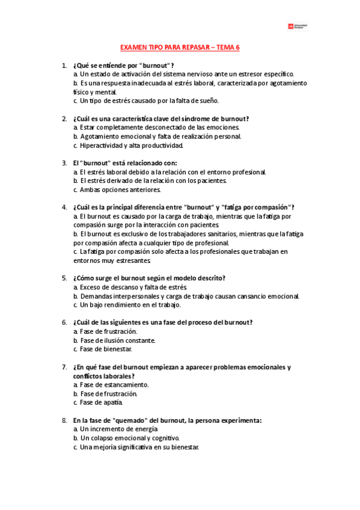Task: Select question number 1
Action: click(64, 65)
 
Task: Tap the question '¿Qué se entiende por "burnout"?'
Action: click(123, 65)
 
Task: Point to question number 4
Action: click(64, 207)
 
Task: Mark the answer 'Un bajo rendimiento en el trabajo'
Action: click(126, 305)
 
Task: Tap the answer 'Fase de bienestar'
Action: click(102, 349)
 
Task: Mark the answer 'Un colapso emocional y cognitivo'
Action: click(126, 438)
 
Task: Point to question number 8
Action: click(64, 420)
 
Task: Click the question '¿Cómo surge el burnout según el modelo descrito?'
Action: click(148, 278)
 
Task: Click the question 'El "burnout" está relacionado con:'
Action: click(124, 162)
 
